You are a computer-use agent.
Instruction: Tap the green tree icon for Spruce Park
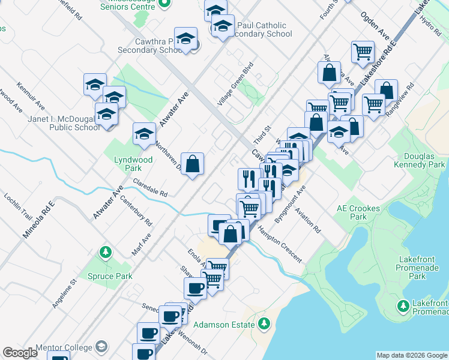tap(106, 251)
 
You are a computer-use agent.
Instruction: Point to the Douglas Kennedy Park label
tap(420, 160)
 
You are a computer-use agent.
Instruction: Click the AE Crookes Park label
tap(359, 212)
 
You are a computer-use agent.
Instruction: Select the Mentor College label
tap(64, 347)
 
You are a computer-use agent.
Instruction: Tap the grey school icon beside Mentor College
tap(101, 347)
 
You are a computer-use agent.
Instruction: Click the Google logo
tap(20, 353)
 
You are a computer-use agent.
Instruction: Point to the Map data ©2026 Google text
tap(412, 355)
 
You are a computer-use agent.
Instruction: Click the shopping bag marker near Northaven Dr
tap(192, 163)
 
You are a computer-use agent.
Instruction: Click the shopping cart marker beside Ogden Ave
tap(363, 52)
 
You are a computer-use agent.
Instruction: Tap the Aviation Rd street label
tap(312, 221)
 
